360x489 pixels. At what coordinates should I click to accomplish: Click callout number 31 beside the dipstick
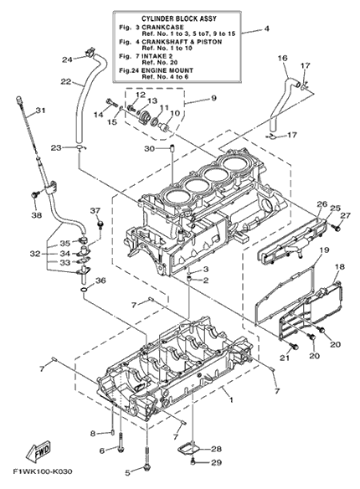click(40, 111)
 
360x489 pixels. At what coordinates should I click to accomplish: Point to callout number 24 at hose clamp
click(67, 59)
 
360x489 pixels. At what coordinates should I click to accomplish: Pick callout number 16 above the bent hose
click(282, 58)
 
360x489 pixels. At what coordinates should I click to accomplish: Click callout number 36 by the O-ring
click(100, 281)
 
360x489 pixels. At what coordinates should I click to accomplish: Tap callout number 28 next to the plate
click(216, 449)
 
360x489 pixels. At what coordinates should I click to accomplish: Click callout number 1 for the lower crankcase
click(231, 399)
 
